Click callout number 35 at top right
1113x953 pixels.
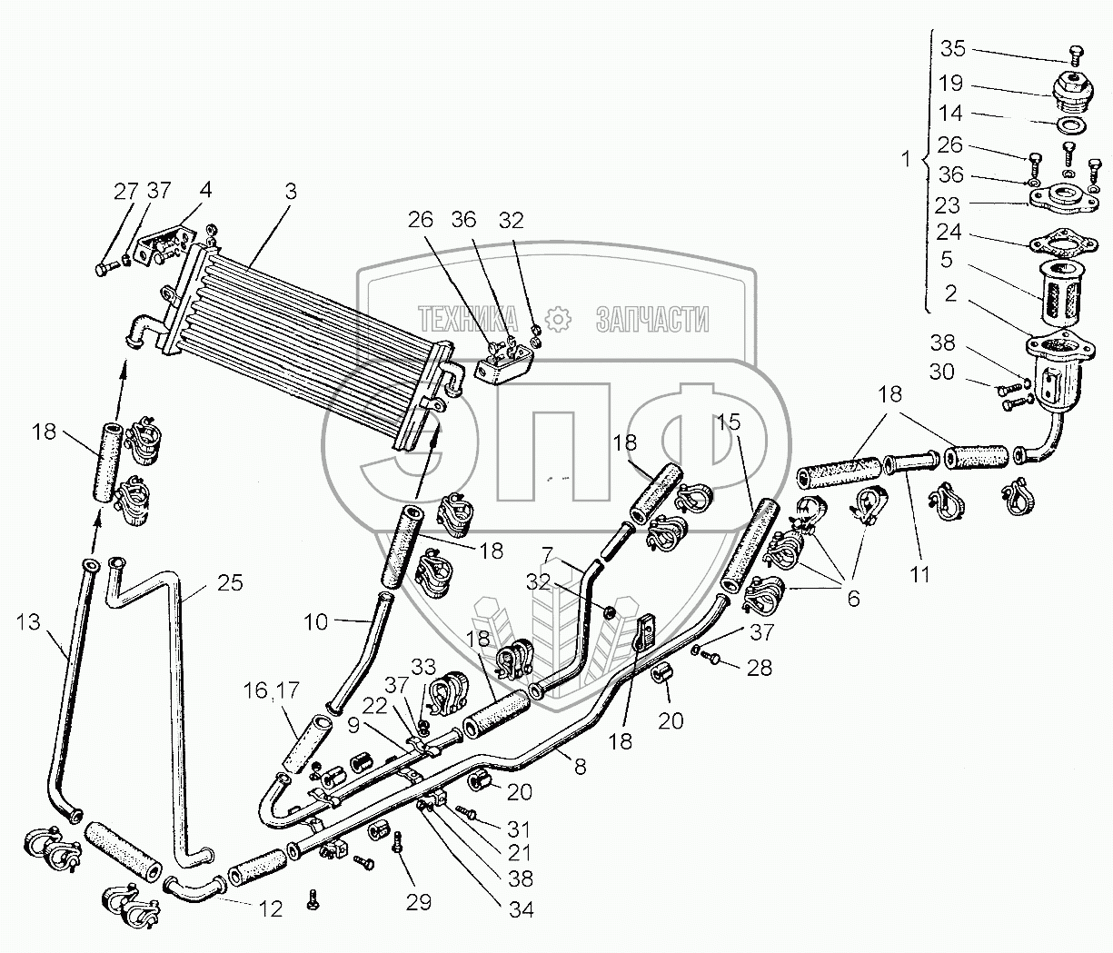tap(952, 48)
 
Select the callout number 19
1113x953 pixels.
tap(951, 84)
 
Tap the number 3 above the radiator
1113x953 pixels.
tap(290, 192)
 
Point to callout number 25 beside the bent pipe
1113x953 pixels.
tap(231, 582)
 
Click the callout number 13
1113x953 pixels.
tap(27, 621)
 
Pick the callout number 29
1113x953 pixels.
tap(419, 902)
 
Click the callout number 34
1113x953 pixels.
tap(522, 908)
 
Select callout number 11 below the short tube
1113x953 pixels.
tap(920, 574)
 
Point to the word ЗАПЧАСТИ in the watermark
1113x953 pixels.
tap(651, 319)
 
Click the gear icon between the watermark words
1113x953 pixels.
tap(556, 318)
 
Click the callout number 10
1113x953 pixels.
tap(315, 622)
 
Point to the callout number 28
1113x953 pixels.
tap(760, 669)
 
